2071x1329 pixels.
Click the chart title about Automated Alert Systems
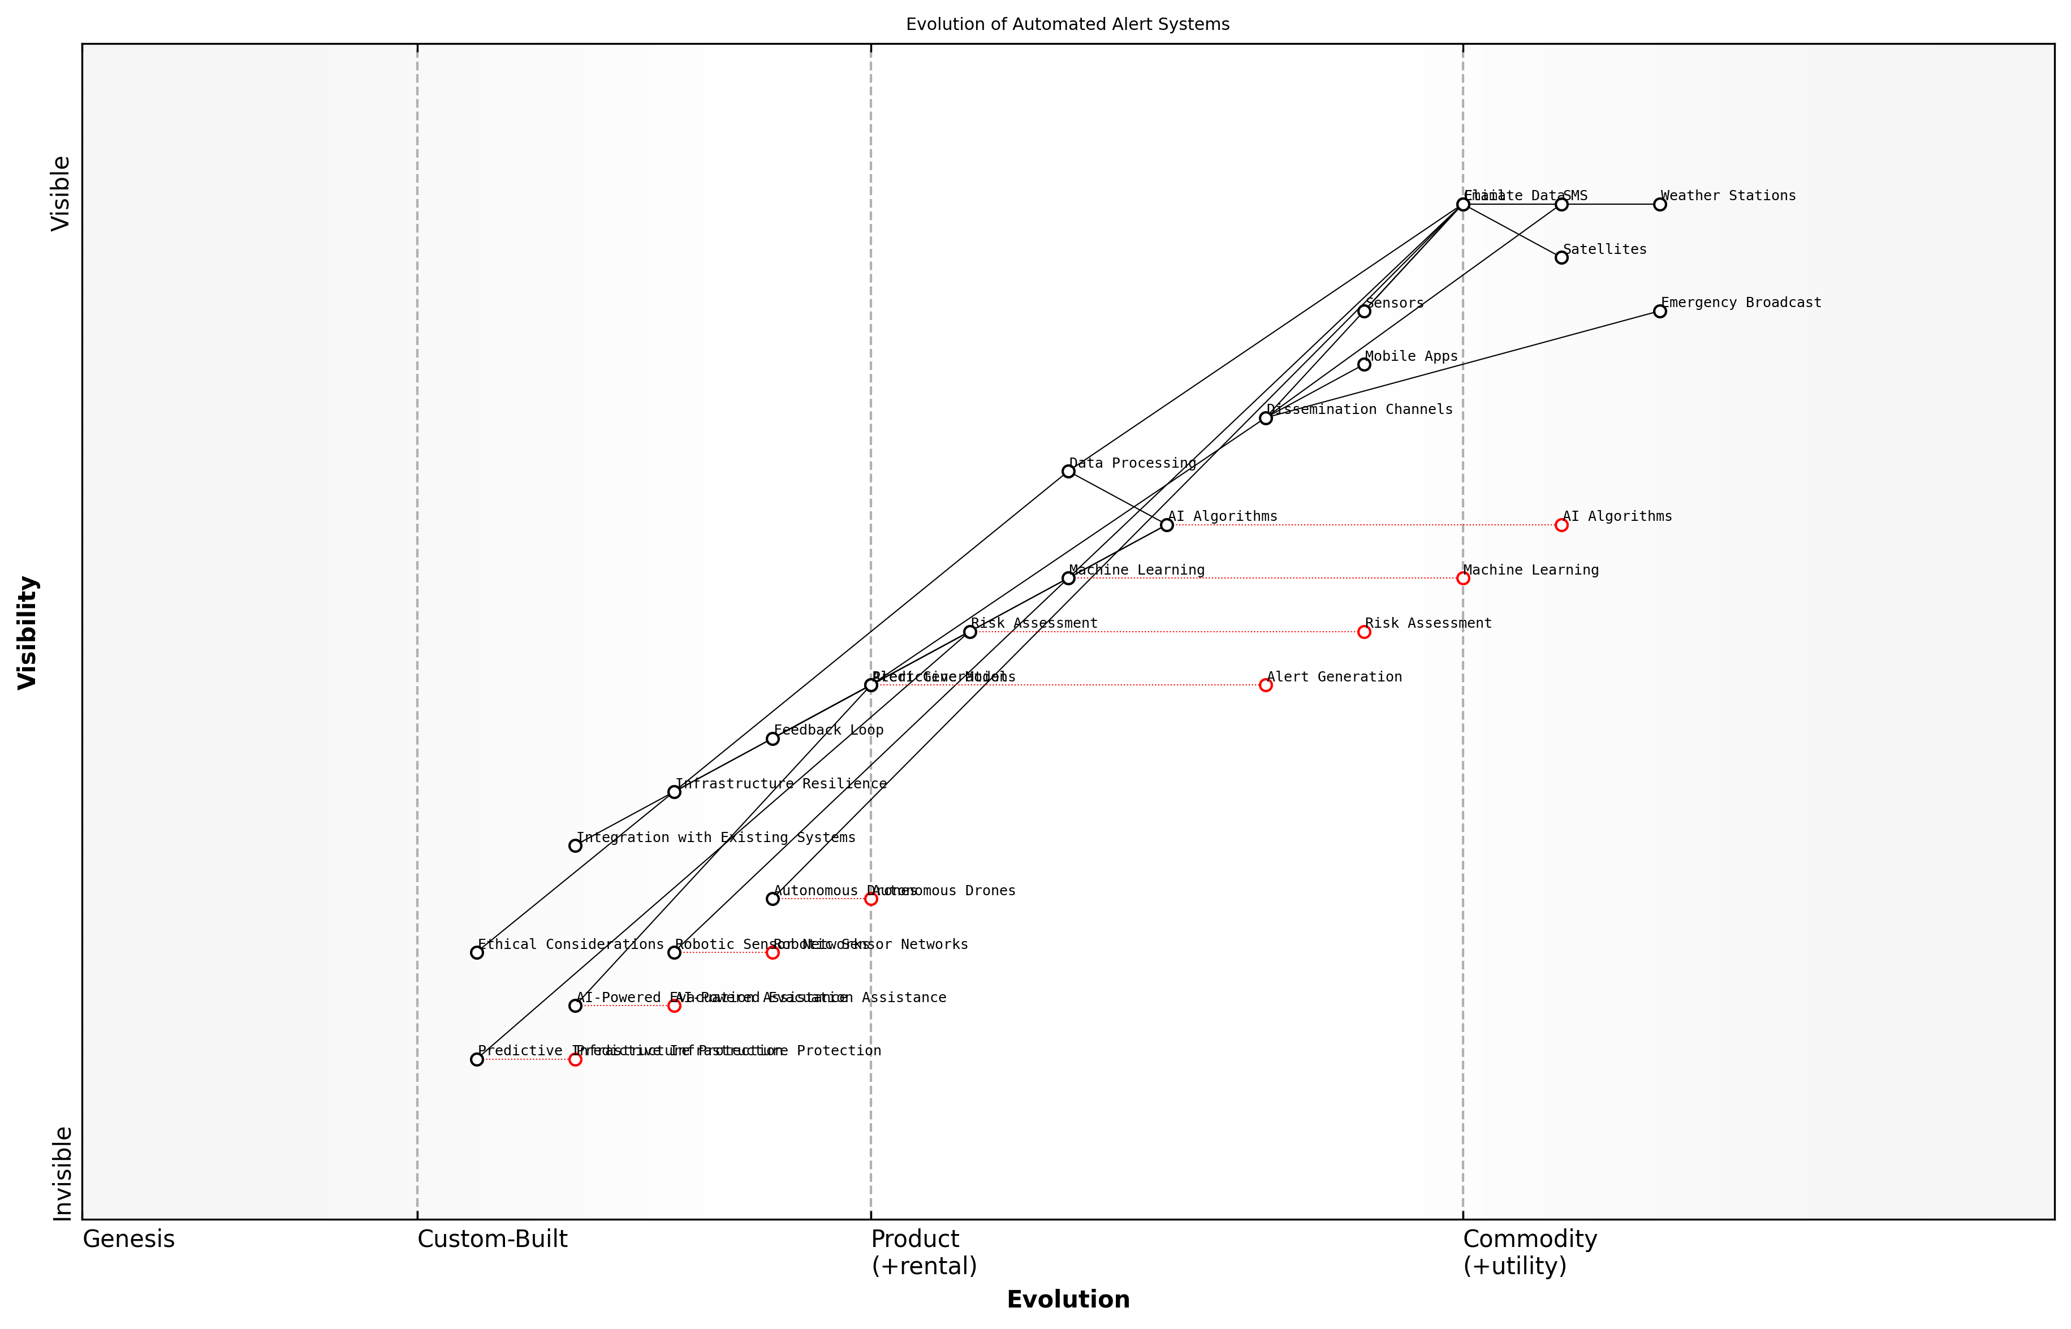point(1067,24)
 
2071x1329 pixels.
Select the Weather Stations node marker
point(1659,205)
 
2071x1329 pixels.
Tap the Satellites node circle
point(1561,257)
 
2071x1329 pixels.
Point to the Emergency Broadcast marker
point(1659,310)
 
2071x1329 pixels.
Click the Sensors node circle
point(1364,310)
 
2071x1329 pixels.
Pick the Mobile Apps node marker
point(1364,364)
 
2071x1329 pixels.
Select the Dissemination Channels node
point(1265,418)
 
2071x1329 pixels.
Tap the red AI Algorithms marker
point(1561,525)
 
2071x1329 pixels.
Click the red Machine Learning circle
point(1462,578)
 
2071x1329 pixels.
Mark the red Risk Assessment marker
point(1364,632)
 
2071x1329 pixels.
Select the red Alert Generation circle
point(1265,685)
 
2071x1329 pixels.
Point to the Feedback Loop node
point(773,739)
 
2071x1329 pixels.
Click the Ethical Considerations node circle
point(476,953)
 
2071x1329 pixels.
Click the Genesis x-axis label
point(128,1239)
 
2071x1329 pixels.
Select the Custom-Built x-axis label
point(492,1239)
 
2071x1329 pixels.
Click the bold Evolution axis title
point(1067,1300)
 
